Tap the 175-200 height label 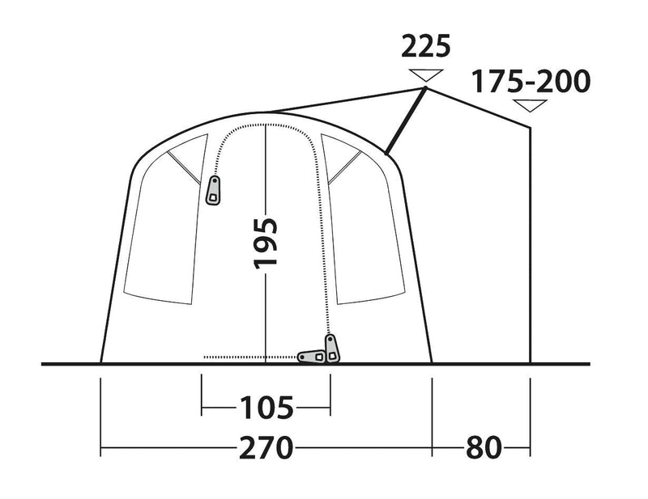pyautogui.click(x=531, y=82)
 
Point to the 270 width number pyautogui.click(x=266, y=446)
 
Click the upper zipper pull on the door pyautogui.click(x=214, y=192)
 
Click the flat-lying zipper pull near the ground pyautogui.click(x=311, y=356)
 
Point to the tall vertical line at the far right pyautogui.click(x=531, y=243)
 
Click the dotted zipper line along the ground pyautogui.click(x=243, y=357)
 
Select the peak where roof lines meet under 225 pyautogui.click(x=426, y=87)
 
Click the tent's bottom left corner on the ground pyautogui.click(x=100, y=363)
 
